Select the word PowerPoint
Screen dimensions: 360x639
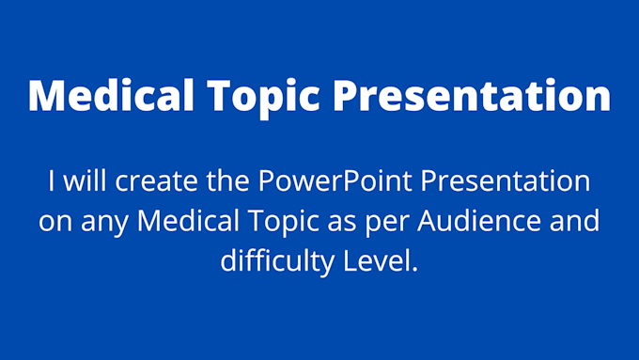(312, 180)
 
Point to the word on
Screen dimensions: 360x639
(54, 221)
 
